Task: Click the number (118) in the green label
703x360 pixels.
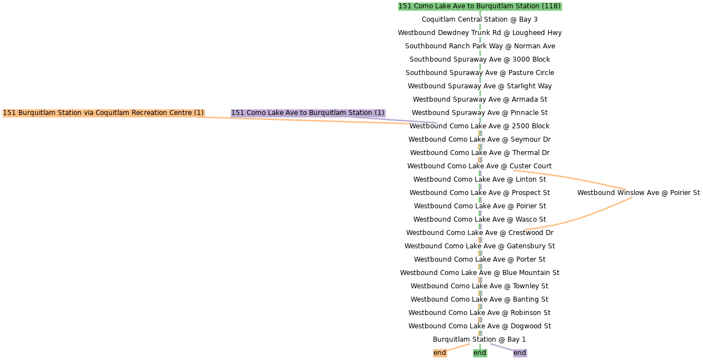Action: tap(551, 6)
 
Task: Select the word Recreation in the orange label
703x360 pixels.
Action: tap(149, 113)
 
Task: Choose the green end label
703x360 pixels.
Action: tap(480, 353)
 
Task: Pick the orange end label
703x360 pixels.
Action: tap(440, 353)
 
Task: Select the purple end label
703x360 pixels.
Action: tap(520, 353)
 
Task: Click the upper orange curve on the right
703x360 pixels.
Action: tap(570, 178)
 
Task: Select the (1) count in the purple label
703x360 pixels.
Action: tap(378, 113)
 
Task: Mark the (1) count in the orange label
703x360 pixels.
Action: tap(198, 113)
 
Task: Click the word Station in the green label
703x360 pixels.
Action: tap(526, 6)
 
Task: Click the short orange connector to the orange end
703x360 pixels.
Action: tap(459, 347)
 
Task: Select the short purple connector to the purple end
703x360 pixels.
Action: tap(501, 347)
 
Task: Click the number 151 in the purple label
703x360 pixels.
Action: tap(237, 113)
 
